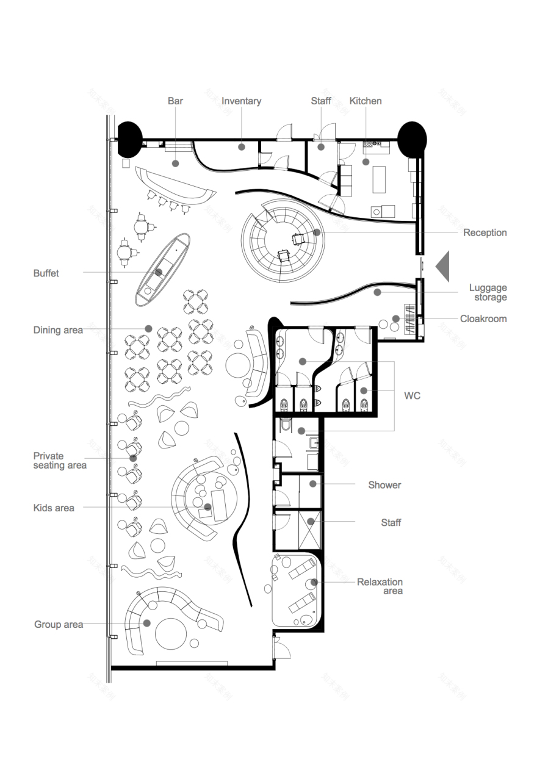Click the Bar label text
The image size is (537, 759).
[175, 101]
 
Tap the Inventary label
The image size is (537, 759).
[241, 101]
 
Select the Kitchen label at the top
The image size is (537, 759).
[366, 101]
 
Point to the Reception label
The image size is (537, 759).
[485, 233]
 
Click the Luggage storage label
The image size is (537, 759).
[488, 292]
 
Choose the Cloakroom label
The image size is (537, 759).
[483, 319]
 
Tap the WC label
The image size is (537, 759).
[412, 396]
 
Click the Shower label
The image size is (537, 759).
[384, 485]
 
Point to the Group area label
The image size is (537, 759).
[59, 625]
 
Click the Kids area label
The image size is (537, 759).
[54, 508]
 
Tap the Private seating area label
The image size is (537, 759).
[60, 461]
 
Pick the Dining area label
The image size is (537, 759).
[58, 330]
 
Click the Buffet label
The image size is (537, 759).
[46, 273]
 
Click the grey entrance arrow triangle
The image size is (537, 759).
[442, 267]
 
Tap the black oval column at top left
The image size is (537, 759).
[130, 139]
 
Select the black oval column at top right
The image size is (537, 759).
[412, 139]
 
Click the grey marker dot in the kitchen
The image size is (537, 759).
[366, 162]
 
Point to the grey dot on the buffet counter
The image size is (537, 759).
[159, 272]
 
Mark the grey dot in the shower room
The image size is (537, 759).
[313, 484]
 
